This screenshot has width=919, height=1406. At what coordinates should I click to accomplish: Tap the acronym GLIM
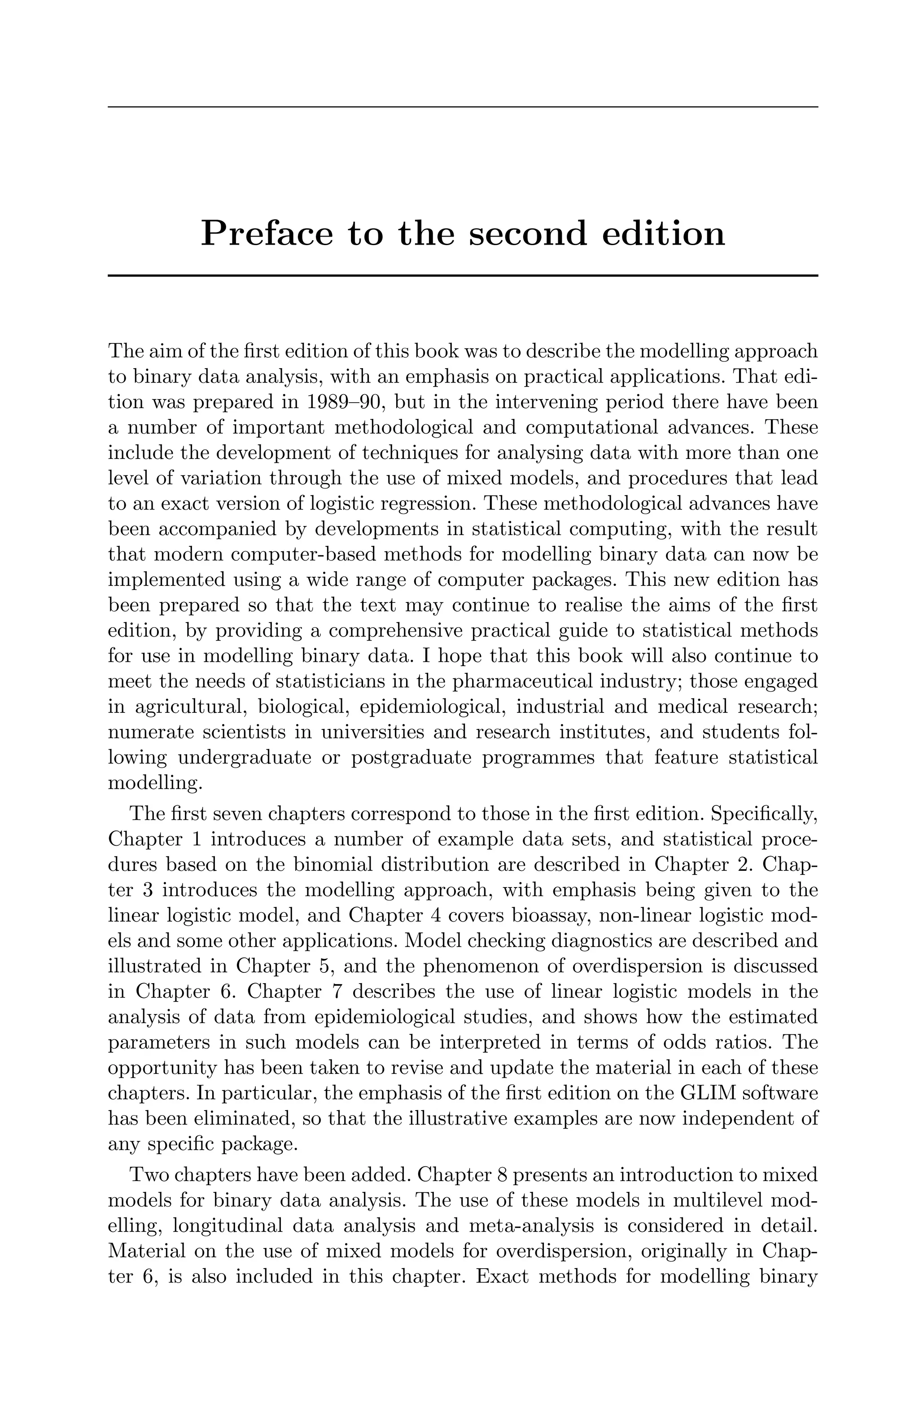pos(709,1094)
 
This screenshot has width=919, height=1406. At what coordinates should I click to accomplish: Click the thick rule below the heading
pos(463,275)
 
